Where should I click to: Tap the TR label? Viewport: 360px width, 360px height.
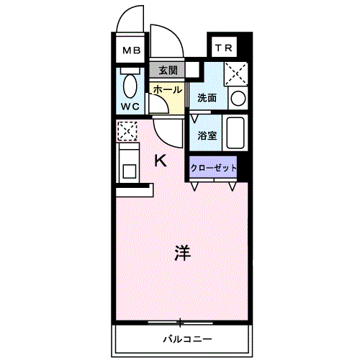(x=222, y=48)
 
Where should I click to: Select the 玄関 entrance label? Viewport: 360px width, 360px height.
(x=167, y=71)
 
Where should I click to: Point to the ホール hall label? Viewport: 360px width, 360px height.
(x=167, y=89)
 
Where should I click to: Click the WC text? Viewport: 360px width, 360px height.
(x=130, y=106)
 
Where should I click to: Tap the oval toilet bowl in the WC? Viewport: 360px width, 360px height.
(x=130, y=86)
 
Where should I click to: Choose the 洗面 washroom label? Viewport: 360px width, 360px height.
(x=207, y=98)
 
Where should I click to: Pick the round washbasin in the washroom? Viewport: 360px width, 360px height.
(x=238, y=98)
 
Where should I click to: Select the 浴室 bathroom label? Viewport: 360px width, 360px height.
(x=207, y=135)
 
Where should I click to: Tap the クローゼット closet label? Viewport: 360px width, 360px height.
(x=213, y=167)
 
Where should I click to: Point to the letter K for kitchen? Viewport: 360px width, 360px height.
(x=162, y=161)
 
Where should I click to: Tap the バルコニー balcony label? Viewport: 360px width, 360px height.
(x=185, y=338)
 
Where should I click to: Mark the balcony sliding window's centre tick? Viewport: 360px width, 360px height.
(x=180, y=320)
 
